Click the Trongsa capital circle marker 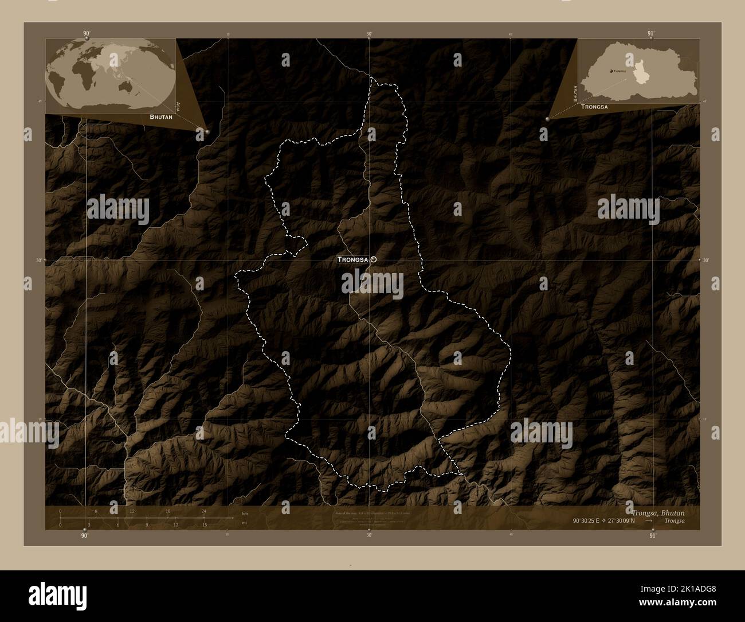(374, 259)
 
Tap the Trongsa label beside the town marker (352, 259)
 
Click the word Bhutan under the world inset (161, 116)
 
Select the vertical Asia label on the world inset (178, 106)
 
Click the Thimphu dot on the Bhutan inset (611, 71)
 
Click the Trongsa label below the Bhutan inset (594, 107)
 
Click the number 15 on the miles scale (203, 524)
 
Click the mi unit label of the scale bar (244, 523)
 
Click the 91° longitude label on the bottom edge (652, 535)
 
